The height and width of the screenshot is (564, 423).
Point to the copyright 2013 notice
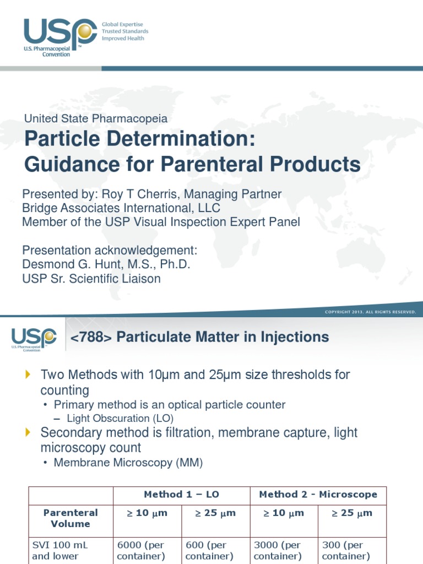coord(370,312)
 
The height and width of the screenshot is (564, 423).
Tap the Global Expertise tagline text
coord(122,24)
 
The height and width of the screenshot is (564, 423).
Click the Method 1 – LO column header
coord(181,494)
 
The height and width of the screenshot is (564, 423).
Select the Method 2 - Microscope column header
coord(318,494)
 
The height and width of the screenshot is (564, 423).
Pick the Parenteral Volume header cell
coord(70,518)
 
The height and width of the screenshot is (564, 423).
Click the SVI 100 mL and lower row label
coord(59,550)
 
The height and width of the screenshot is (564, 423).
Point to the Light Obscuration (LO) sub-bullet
coord(120,418)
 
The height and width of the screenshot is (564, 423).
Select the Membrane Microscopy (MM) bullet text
coord(128,463)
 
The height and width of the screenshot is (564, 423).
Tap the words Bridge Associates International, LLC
coord(121,208)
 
